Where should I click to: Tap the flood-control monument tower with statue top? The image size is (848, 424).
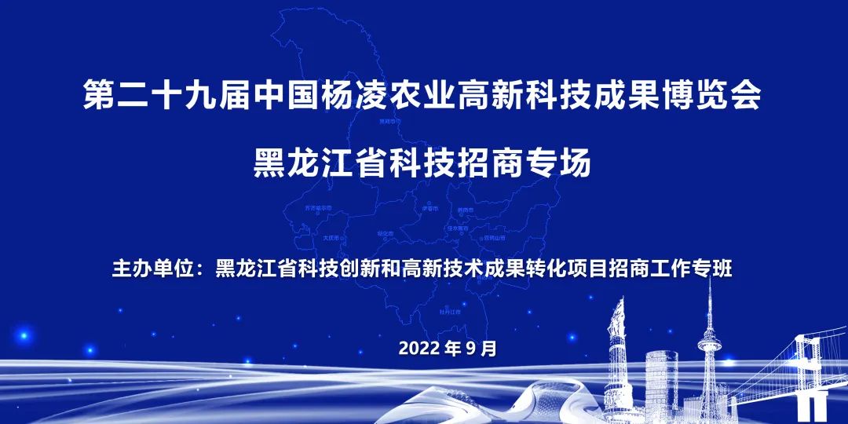(620, 345)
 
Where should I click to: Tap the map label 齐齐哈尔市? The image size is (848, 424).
(317, 208)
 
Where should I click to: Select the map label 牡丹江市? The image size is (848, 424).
(449, 311)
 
